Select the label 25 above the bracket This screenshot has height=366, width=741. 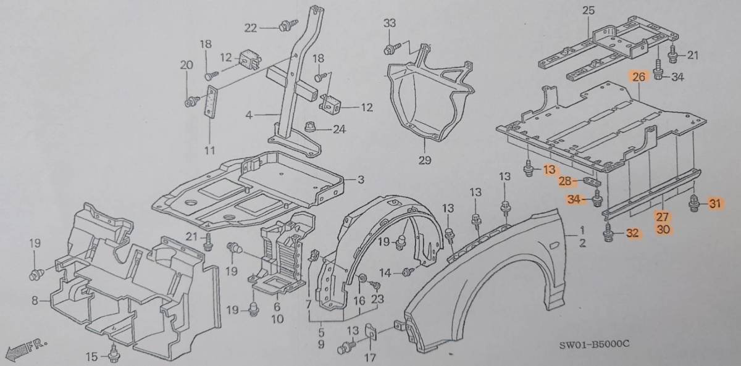coord(587,10)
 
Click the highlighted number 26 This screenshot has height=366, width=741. coord(638,77)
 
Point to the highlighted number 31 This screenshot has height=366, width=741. coord(714,204)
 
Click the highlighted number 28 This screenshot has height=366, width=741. coord(565,181)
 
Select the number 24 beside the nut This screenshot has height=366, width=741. coord(339,129)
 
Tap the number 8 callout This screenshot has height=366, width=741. coord(35,301)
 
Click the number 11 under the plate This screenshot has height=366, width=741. coord(209,150)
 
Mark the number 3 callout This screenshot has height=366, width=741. coord(360,179)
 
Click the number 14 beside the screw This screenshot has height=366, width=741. coord(385,272)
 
